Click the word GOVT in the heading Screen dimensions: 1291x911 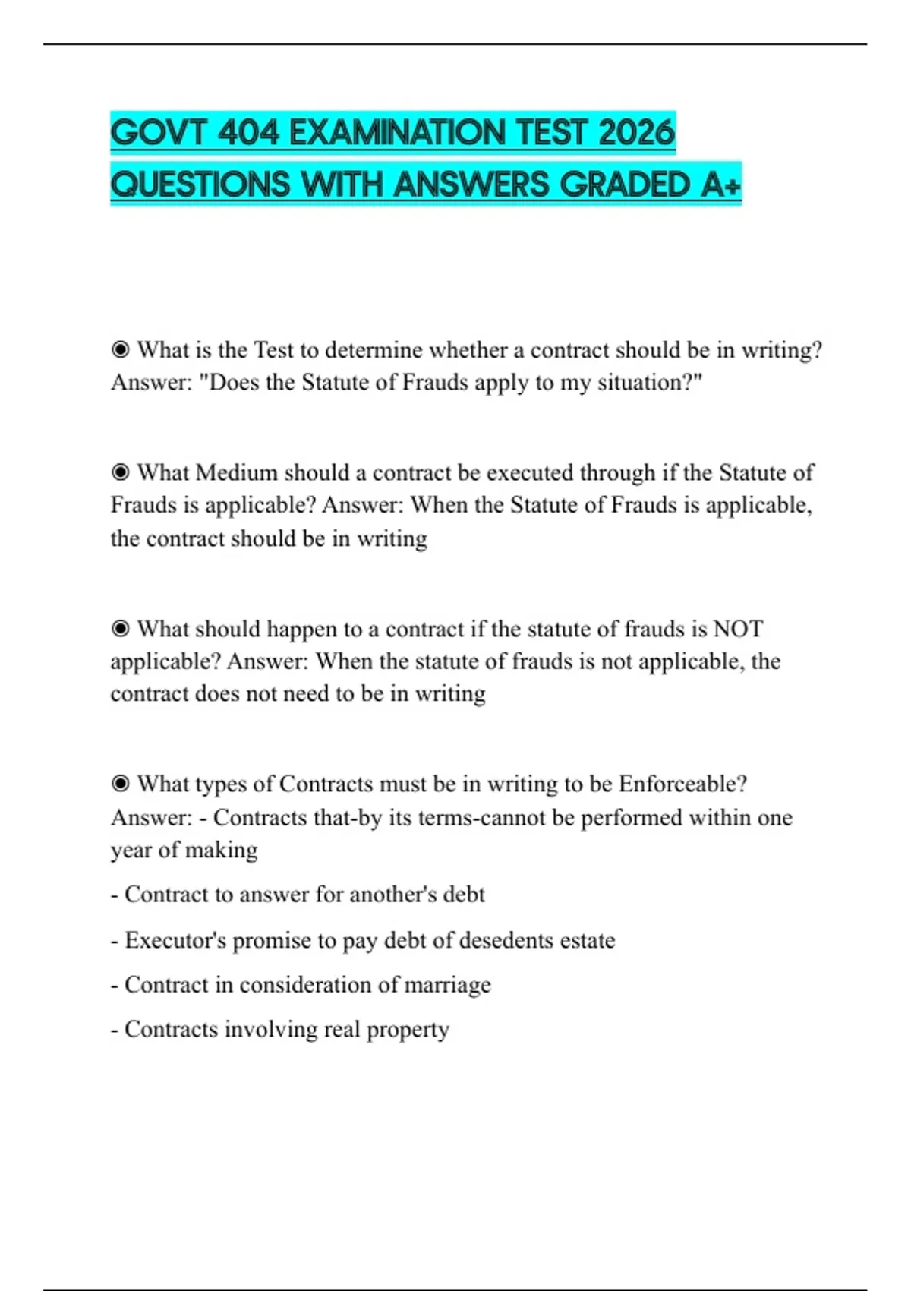[159, 133]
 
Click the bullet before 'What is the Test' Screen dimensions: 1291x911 [120, 350]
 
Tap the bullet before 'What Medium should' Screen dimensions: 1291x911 [120, 472]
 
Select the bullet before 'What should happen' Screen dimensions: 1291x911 [120, 629]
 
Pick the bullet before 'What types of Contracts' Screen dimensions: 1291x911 [120, 784]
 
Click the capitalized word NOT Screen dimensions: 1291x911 [738, 629]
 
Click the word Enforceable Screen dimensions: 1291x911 [682, 784]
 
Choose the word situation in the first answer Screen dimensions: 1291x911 [649, 382]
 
